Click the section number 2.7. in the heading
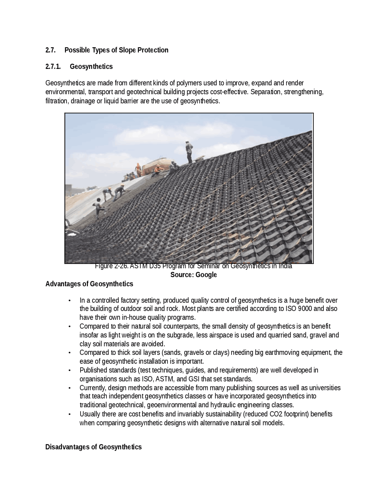pyautogui.click(x=50, y=50)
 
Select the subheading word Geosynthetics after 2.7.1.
pyautogui.click(x=91, y=67)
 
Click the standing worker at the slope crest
pyautogui.click(x=189, y=152)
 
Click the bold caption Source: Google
pyautogui.click(x=194, y=275)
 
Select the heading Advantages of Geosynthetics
pyautogui.click(x=89, y=284)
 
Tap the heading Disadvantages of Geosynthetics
pyautogui.click(x=93, y=447)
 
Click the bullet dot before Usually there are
pyautogui.click(x=70, y=414)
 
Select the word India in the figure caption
pyautogui.click(x=285, y=266)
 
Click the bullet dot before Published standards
pyautogui.click(x=70, y=370)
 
